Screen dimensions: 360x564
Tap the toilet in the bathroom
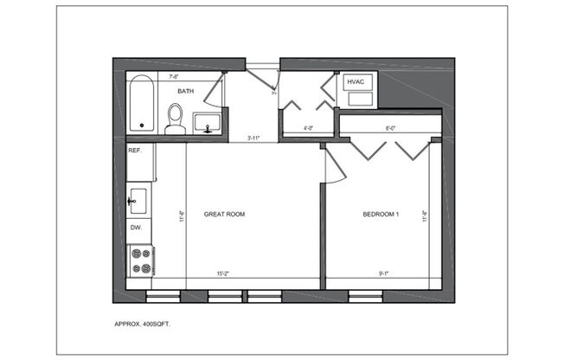[176, 119]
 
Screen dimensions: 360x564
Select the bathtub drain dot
[143, 125]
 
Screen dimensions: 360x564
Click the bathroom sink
[206, 123]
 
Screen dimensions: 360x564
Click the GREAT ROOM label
[224, 214]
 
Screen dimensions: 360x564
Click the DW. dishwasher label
[136, 228]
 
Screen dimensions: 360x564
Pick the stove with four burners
[140, 260]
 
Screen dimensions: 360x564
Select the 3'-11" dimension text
[254, 137]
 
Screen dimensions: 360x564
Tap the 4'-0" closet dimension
[307, 130]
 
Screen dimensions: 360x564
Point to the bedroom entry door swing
[332, 165]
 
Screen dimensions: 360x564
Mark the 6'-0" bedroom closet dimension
[390, 130]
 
